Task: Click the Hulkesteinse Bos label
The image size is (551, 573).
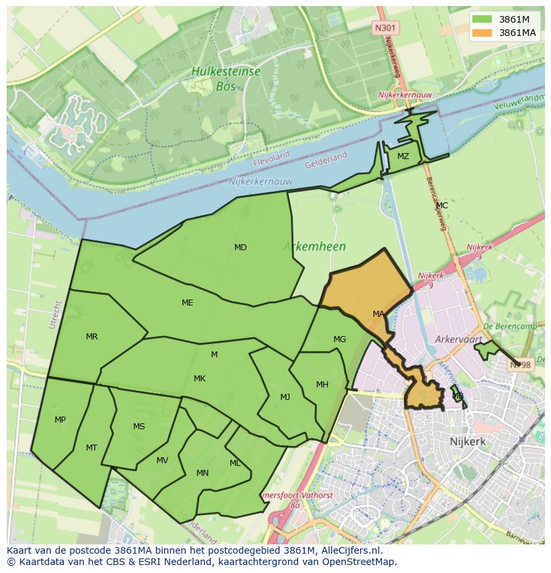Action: (x=226, y=78)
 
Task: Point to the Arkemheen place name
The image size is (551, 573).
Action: (x=314, y=247)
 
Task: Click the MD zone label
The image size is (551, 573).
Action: (x=240, y=248)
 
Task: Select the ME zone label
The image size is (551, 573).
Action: (x=188, y=303)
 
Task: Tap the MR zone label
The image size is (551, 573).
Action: (x=92, y=337)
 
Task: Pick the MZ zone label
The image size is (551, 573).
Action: (x=403, y=156)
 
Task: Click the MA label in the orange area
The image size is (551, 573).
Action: (x=379, y=314)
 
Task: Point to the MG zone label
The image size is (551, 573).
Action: (x=339, y=339)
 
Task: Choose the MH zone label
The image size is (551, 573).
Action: (x=322, y=385)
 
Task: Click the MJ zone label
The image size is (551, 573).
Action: (x=285, y=397)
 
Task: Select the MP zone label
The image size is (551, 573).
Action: (x=60, y=420)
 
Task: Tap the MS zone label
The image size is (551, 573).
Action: (x=138, y=427)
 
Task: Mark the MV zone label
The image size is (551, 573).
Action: (x=162, y=461)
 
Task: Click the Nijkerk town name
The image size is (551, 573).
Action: (x=467, y=441)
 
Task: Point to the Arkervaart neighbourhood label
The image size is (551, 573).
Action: (x=458, y=339)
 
